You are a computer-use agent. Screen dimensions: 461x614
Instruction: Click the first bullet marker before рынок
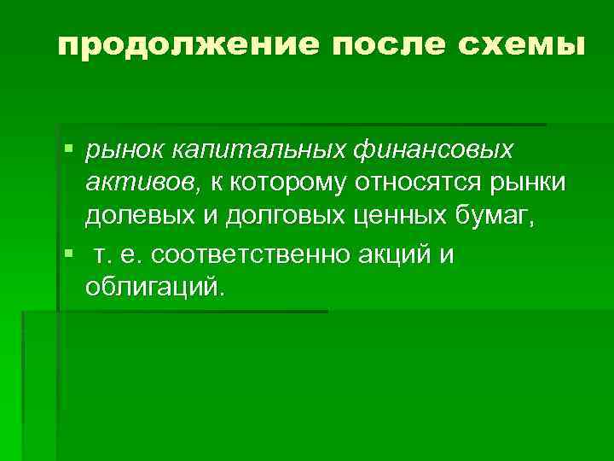tap(69, 151)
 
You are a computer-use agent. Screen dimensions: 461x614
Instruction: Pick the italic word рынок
tap(125, 151)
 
